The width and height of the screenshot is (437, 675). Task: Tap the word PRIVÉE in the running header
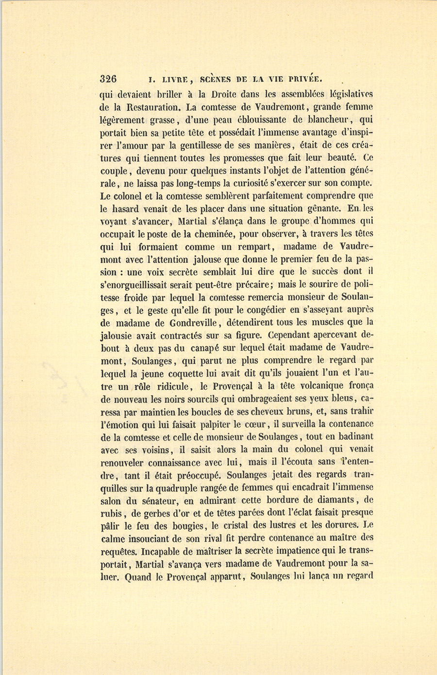click(301, 80)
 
